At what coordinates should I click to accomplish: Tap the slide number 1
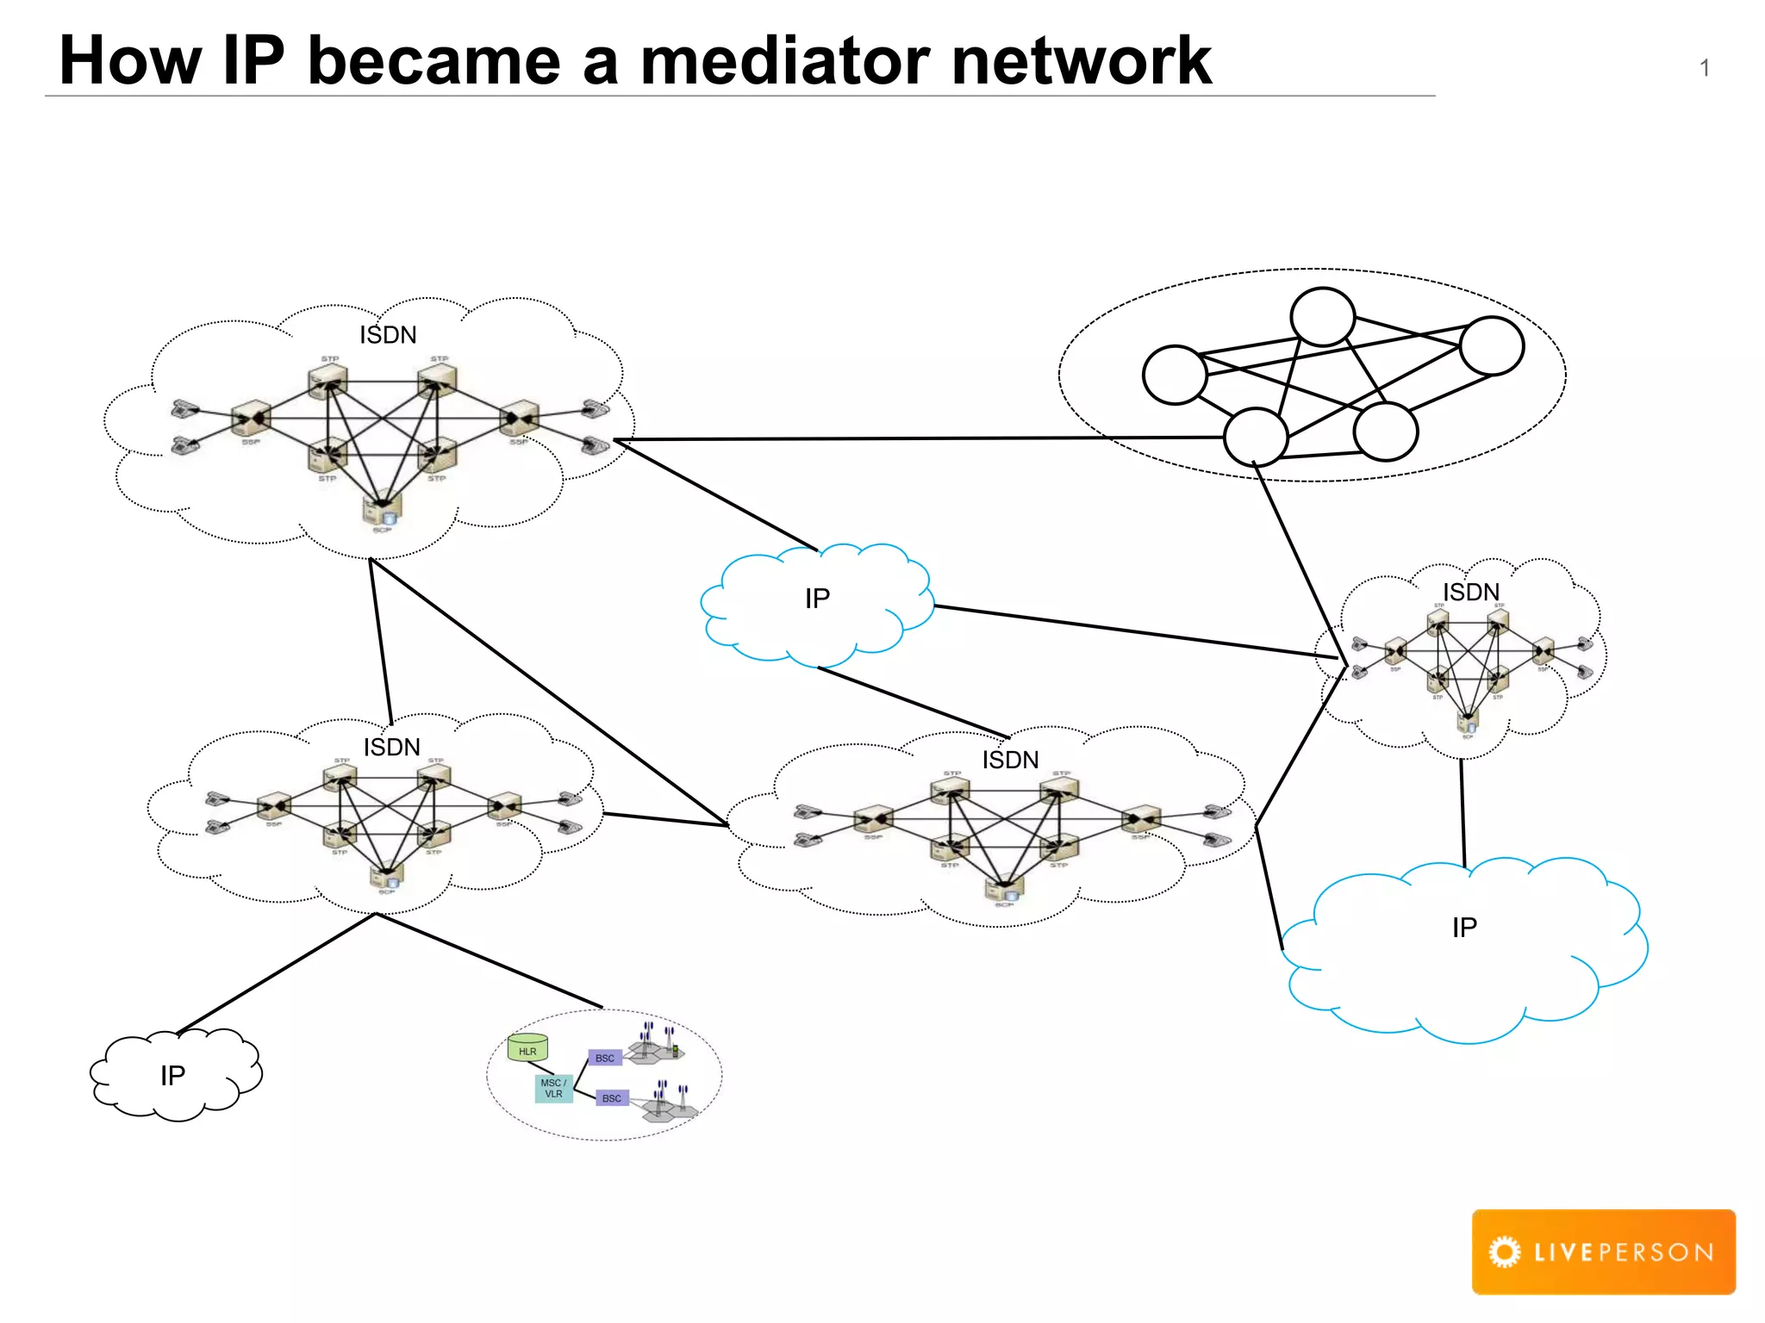(1704, 68)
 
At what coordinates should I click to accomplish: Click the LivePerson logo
(1603, 1252)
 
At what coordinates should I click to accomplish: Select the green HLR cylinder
(527, 1048)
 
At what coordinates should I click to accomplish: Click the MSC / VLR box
(553, 1089)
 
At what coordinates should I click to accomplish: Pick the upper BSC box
(605, 1058)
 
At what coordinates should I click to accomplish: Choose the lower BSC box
(612, 1098)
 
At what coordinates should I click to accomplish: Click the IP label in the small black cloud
(172, 1076)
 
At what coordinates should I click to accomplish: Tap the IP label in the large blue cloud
(1464, 928)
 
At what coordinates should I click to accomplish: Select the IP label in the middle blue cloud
(817, 599)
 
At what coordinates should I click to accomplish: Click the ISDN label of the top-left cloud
(388, 335)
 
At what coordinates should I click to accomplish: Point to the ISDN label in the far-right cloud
(1471, 593)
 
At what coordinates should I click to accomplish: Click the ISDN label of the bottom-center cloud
(1010, 760)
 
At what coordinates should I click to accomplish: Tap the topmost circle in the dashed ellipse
(1322, 317)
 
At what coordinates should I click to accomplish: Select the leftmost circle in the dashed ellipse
(1175, 375)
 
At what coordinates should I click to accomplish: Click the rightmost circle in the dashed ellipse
(1492, 345)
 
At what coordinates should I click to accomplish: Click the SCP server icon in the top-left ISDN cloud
(381, 510)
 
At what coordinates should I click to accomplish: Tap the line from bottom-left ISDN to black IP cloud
(276, 973)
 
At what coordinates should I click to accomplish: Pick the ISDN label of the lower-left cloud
(391, 747)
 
